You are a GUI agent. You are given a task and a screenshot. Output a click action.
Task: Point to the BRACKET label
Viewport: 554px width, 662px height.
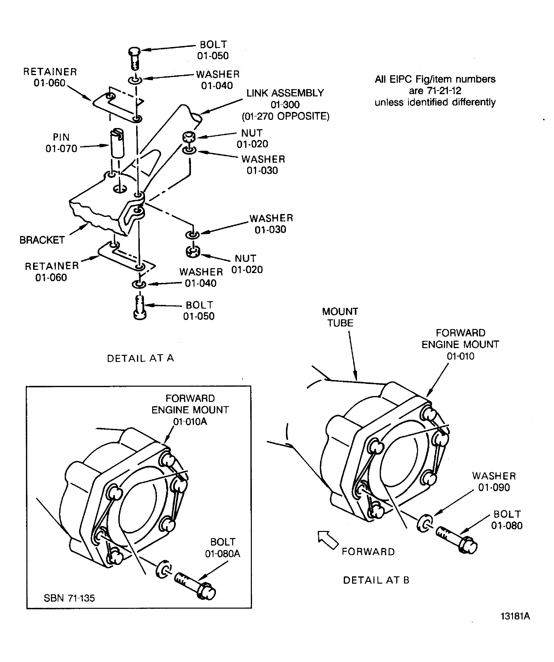(x=42, y=240)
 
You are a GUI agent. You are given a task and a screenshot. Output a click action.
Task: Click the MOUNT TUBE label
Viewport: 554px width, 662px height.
(x=340, y=317)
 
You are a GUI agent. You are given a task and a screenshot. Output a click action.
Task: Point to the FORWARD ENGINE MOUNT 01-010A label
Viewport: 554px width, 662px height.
(x=190, y=410)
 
